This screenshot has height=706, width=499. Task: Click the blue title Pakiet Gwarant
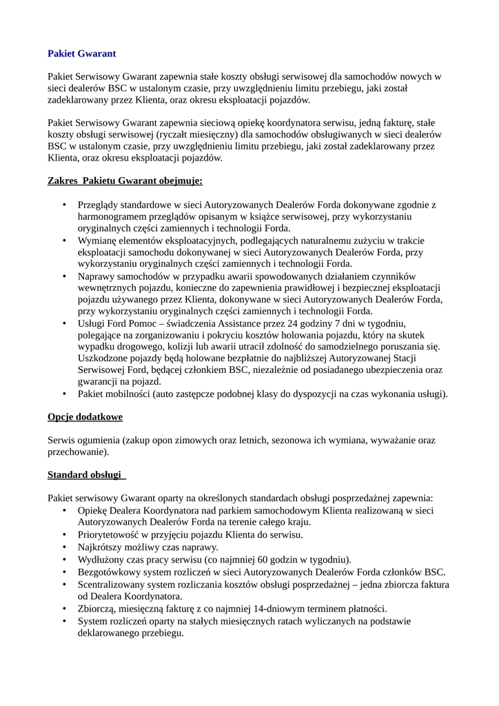[82, 53]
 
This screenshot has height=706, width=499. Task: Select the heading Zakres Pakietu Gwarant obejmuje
[125, 181]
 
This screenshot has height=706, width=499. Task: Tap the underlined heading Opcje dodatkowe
[85, 417]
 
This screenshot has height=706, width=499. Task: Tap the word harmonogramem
[112, 216]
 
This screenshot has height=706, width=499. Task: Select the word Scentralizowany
[114, 584]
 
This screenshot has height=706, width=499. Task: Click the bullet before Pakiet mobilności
[64, 394]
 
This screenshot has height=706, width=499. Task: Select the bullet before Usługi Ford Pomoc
[64, 323]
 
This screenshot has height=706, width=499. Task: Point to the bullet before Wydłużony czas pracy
[64, 559]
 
